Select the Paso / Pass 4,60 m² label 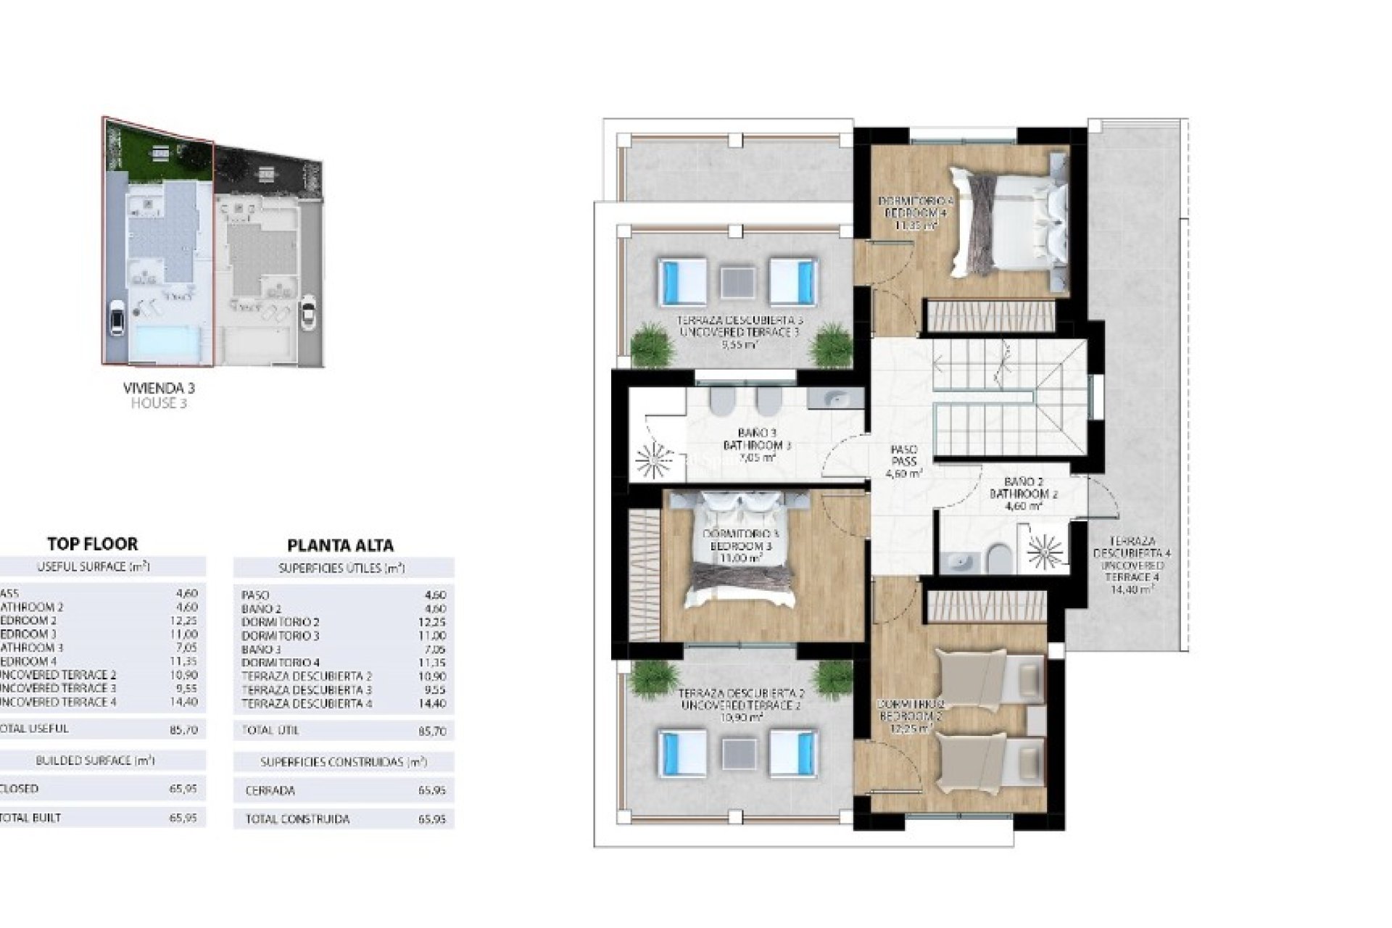[x=904, y=461]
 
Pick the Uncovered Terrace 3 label [x=739, y=332]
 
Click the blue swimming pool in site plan [x=165, y=341]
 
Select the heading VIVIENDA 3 [x=159, y=389]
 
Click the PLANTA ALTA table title [x=340, y=545]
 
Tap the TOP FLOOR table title [x=92, y=544]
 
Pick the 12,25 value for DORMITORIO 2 [x=436, y=622]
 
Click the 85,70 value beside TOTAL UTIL [x=433, y=732]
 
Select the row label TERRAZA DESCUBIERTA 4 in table [x=307, y=703]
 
